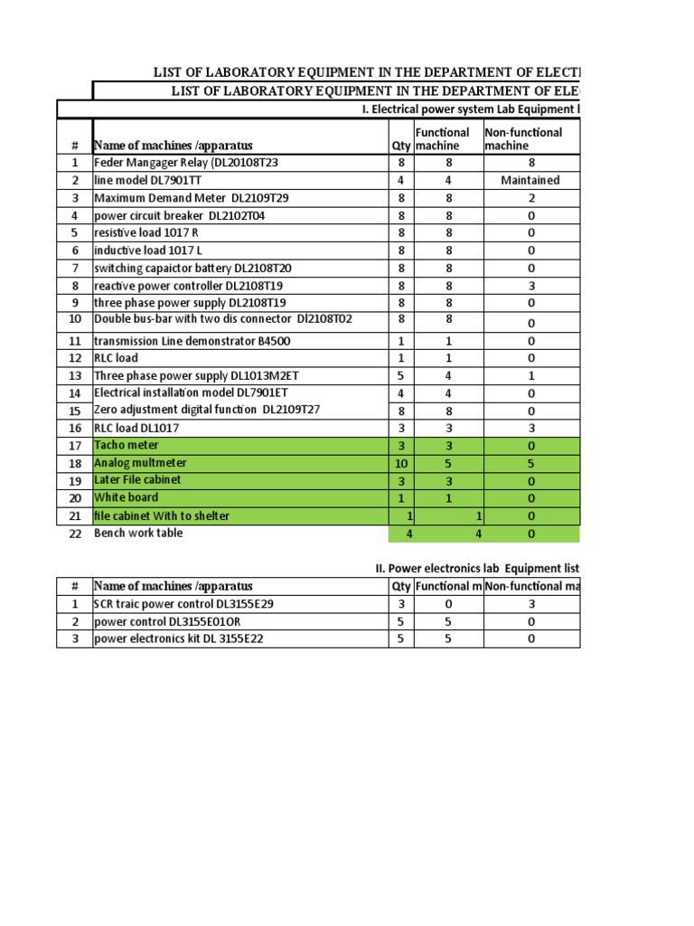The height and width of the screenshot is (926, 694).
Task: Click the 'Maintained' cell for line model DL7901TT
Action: (530, 180)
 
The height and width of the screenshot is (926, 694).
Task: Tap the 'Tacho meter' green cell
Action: (127, 445)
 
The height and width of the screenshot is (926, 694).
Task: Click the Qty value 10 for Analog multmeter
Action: (401, 463)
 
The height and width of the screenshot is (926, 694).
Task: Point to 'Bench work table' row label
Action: (138, 533)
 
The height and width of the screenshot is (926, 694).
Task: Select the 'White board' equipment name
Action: (127, 497)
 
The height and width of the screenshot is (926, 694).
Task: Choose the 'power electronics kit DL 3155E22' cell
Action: (179, 638)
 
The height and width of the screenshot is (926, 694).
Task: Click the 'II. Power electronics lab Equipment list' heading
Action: (477, 568)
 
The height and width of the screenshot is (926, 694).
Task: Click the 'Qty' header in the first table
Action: (401, 146)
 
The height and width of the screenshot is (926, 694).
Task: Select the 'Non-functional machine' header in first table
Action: (523, 138)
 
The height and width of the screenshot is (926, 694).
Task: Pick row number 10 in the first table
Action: (75, 319)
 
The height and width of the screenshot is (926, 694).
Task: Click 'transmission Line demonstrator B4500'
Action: (192, 341)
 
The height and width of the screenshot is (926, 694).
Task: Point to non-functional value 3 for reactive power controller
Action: (531, 286)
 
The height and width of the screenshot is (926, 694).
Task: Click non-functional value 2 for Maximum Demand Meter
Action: (531, 198)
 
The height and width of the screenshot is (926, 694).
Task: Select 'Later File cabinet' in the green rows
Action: (137, 480)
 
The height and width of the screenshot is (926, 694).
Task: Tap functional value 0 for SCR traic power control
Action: (448, 603)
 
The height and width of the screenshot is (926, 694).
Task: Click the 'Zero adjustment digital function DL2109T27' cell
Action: (207, 410)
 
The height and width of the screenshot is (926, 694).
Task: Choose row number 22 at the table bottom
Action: (75, 534)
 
